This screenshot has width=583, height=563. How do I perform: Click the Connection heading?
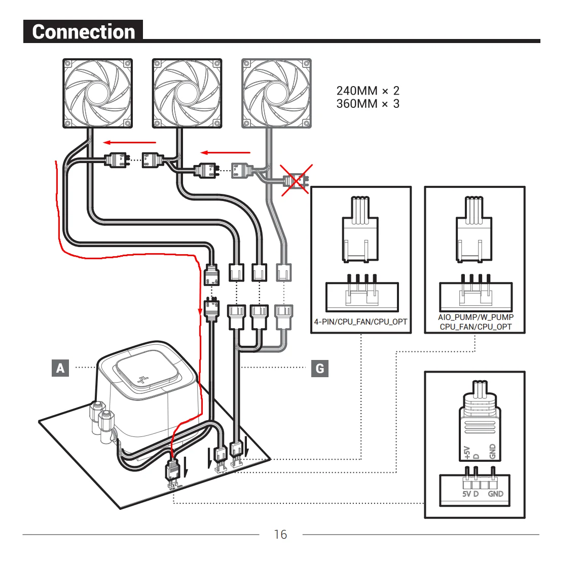83,31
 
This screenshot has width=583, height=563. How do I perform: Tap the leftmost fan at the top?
98,93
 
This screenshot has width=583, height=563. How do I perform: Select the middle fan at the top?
187,93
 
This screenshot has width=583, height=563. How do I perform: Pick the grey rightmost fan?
276,93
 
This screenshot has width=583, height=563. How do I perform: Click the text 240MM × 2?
368,91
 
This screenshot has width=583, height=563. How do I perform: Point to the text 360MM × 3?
368,104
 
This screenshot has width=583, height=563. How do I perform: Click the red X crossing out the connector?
297,179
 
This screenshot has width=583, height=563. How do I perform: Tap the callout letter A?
60,368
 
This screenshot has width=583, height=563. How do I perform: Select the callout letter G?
319,368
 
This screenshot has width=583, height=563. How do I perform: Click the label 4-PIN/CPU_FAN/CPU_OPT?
360,321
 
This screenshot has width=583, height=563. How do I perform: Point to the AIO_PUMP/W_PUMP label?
476,317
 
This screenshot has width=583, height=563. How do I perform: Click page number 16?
280,534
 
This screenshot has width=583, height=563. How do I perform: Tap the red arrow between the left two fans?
129,143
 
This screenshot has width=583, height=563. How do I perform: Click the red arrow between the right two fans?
226,152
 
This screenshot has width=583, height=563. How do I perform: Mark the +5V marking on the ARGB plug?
467,452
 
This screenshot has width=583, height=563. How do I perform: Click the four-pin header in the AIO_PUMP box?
476,294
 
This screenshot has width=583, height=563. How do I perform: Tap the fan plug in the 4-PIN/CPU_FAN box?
360,230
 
